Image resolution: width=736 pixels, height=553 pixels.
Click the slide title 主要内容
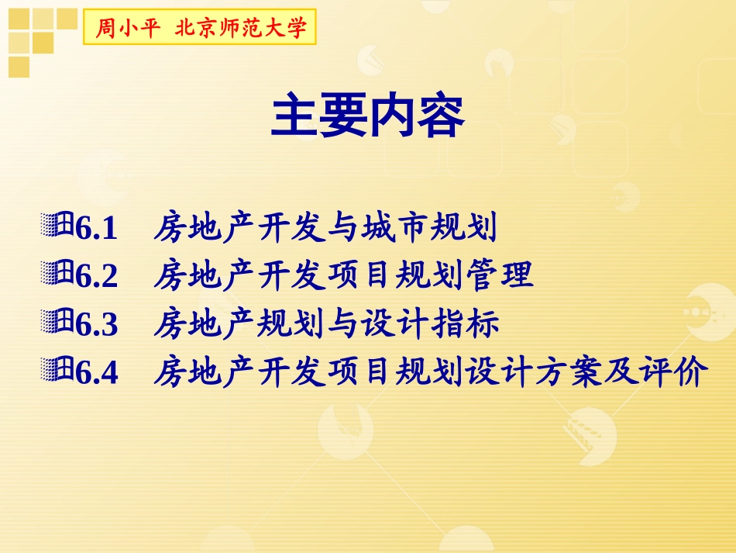pos(367,117)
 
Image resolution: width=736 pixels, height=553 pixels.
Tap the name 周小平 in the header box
pos(127,29)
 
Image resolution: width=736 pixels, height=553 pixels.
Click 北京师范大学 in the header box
pos(241,29)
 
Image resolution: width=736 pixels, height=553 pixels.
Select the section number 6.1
pos(97,230)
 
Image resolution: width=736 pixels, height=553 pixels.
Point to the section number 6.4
pos(97,373)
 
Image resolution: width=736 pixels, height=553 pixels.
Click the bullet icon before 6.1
pos(58,226)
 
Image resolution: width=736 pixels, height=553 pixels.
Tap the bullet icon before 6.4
pos(58,371)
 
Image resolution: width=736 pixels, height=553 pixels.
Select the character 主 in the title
pos(294,117)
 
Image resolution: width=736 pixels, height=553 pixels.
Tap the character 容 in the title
pos(440,117)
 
